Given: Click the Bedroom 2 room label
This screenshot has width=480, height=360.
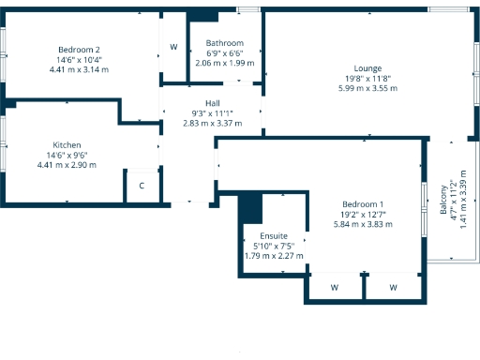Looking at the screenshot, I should coord(79,50).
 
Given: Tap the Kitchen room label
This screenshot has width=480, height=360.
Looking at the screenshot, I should coord(67,145).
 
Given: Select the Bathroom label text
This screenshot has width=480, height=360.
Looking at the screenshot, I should coord(225,43).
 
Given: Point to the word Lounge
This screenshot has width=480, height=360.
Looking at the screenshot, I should coord(367,68).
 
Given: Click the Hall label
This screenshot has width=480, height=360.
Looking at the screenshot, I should coord(212,103).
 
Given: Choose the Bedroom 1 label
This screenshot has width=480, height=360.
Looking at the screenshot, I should coord(362,204).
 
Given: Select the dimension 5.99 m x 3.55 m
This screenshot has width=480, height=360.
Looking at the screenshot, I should coord(367,88).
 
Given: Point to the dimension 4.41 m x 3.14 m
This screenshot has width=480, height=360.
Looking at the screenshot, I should coord(79,69).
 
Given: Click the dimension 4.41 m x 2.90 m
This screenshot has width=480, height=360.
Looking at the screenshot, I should coord(67,165).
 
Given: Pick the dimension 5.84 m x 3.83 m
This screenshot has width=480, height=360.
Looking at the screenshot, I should coord(362,224).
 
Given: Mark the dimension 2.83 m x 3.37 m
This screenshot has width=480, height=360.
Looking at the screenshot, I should coord(212,123).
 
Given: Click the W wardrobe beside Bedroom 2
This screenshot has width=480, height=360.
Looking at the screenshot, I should coord(173,47).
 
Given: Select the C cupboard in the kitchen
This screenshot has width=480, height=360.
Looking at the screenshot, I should coord(142,186).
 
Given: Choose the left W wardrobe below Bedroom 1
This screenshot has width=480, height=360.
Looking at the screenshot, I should coord(334,287).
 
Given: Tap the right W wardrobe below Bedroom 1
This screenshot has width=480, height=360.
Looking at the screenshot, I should coord(393,287).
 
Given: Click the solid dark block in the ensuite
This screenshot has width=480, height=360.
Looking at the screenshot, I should coord(249,207).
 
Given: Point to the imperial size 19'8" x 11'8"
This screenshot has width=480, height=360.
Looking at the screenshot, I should coord(367,79).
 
